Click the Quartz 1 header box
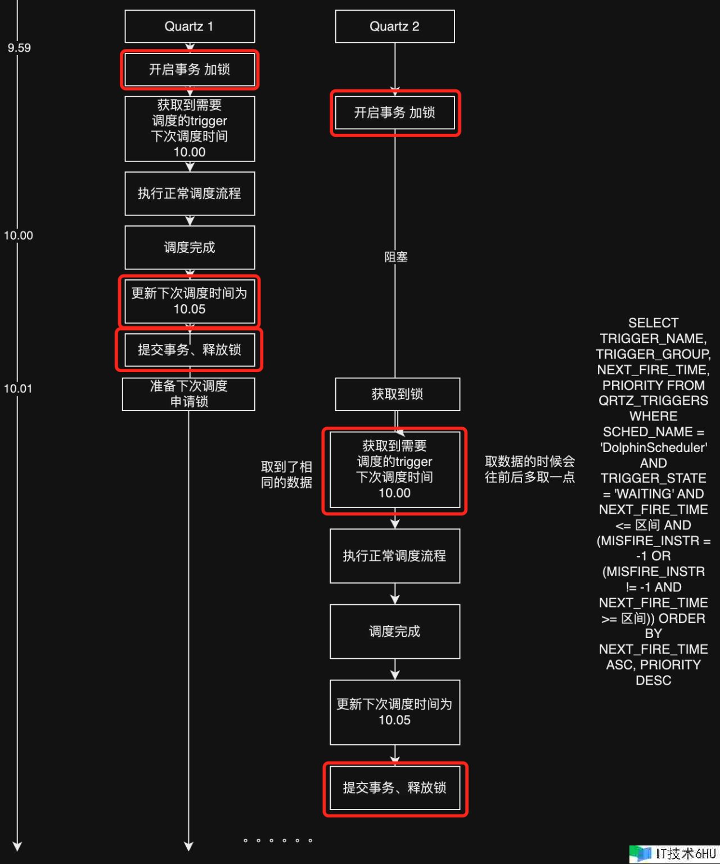(190, 26)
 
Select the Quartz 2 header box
(394, 26)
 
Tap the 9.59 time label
(19, 48)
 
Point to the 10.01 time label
(18, 388)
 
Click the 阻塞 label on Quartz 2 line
(396, 257)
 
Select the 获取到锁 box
(397, 394)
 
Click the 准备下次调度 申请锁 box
(189, 393)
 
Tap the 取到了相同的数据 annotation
(286, 474)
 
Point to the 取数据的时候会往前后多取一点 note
(530, 469)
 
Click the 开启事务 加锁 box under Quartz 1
(190, 70)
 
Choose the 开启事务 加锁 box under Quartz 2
(395, 113)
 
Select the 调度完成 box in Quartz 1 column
(190, 247)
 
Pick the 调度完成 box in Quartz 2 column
(395, 631)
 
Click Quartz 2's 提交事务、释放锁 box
(395, 788)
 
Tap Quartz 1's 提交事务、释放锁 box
(190, 350)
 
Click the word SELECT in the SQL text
(653, 323)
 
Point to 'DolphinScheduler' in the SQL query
(654, 447)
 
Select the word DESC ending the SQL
(653, 680)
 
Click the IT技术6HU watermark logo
(674, 854)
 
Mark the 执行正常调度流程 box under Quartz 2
(395, 556)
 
